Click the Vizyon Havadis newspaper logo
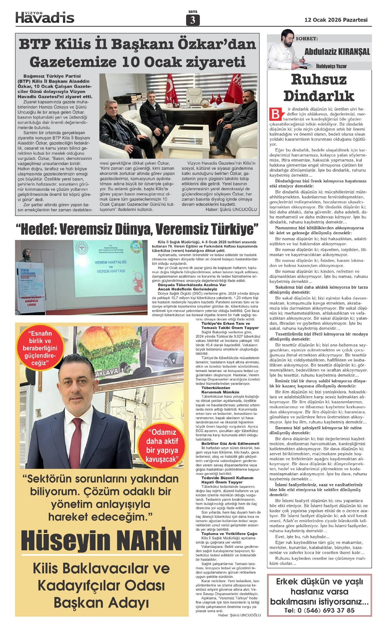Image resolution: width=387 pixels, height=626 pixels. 45,17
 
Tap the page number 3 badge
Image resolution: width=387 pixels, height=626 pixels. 193,20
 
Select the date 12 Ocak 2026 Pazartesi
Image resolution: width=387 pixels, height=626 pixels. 336,20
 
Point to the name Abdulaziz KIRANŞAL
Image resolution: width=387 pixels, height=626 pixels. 337,52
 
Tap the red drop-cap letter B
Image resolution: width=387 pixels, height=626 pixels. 276,114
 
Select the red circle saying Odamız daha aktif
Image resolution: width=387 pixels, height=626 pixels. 162,446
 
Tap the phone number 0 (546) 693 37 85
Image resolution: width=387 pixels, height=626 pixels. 319,610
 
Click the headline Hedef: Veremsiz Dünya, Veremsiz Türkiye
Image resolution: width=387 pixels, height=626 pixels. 137,229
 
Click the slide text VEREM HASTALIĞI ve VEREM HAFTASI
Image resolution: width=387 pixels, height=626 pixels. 111,266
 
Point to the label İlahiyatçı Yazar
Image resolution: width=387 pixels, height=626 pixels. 331,66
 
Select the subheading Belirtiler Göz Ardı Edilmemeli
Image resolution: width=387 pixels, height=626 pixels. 230,443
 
